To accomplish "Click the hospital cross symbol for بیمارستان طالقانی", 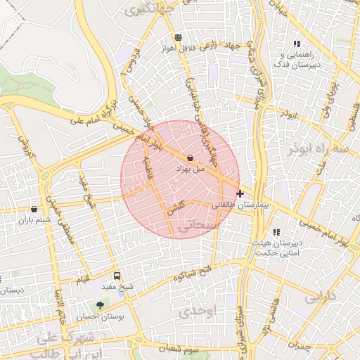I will (x=240, y=193).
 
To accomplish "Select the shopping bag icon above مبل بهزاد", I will (x=191, y=158).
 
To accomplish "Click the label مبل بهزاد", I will (x=190, y=169).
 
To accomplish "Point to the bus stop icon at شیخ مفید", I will (x=117, y=276).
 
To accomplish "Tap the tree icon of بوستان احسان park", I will (x=100, y=306).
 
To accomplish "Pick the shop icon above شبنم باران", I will (x=34, y=209).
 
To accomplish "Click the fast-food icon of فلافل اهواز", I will (x=178, y=37).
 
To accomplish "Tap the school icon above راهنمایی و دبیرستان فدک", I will (x=296, y=44).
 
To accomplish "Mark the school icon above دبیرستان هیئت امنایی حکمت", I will (x=276, y=231).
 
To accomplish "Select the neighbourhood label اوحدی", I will (x=195, y=310).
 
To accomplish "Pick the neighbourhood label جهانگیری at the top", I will (x=144, y=8).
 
